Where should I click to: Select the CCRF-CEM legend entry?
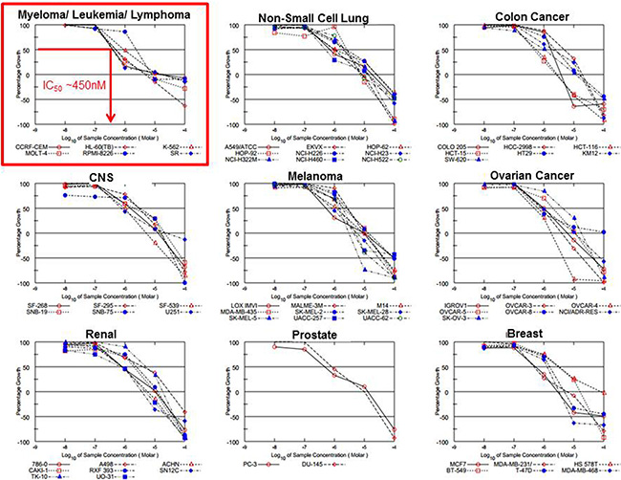pyautogui.click(x=35, y=142)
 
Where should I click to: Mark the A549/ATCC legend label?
pyautogui.click(x=247, y=142)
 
